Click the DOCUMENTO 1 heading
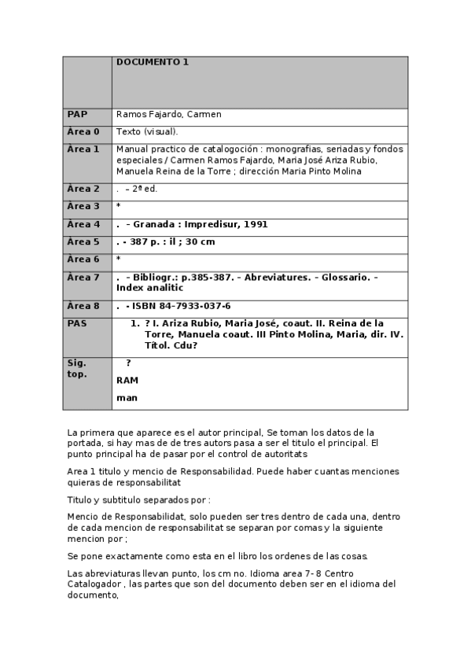click(153, 62)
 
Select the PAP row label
click(77, 114)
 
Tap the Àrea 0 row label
click(83, 131)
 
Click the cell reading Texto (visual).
click(147, 131)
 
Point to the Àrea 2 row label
click(83, 189)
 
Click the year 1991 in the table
click(256, 224)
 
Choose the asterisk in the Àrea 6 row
click(118, 259)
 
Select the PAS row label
click(77, 322)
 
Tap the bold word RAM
click(127, 380)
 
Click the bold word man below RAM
click(127, 398)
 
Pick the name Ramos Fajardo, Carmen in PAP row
click(168, 114)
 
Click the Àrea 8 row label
click(83, 306)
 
